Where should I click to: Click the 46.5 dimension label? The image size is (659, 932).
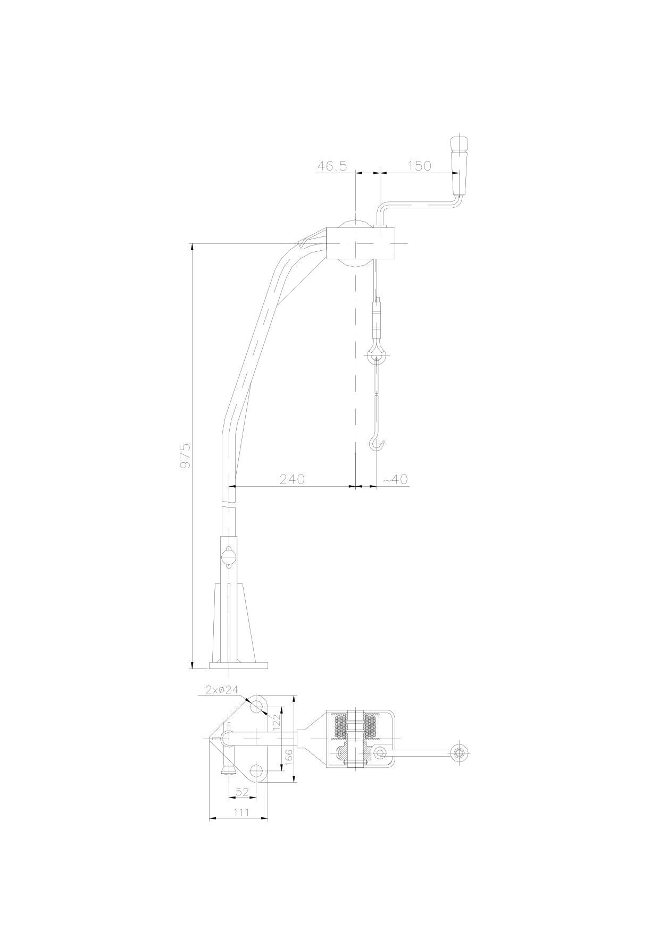point(332,166)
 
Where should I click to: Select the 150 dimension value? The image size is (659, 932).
point(419,166)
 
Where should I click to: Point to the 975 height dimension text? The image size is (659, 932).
point(185,456)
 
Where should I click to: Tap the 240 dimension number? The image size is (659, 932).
point(292,479)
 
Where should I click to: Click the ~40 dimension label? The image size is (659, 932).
point(395,479)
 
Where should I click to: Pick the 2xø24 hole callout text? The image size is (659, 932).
point(222,690)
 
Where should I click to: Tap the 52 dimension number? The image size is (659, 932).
point(242,792)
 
